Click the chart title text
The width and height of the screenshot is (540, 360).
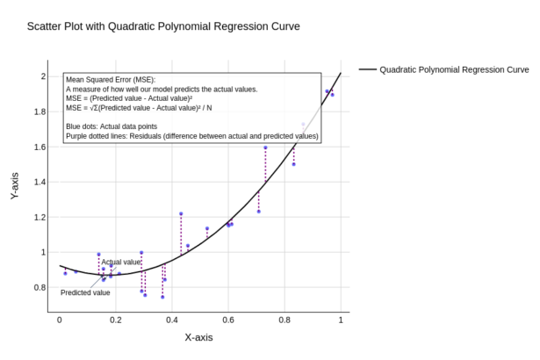point(163,26)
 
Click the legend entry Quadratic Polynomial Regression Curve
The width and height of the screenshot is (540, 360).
point(454,69)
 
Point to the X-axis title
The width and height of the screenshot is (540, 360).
point(198,337)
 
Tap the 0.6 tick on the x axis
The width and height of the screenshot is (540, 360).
point(228,320)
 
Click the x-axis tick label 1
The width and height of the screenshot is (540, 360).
point(341,320)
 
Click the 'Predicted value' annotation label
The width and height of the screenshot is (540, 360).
point(85,292)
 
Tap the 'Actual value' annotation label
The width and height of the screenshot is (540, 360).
point(120,262)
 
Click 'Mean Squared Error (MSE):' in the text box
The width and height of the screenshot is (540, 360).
point(110,80)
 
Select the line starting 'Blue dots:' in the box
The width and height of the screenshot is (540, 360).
point(125,126)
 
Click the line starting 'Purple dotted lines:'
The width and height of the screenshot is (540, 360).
point(191,136)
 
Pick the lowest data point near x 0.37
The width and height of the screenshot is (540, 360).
point(162,297)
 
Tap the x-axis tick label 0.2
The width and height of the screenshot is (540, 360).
point(116,320)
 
